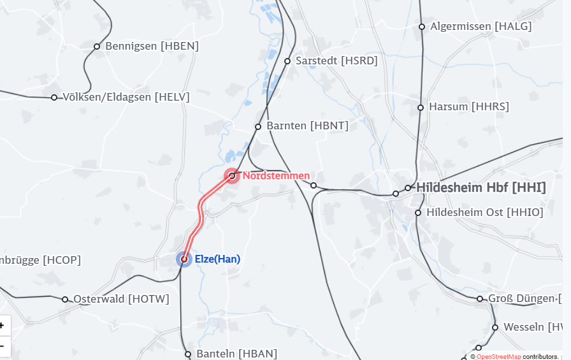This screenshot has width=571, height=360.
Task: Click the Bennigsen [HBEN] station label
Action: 152,46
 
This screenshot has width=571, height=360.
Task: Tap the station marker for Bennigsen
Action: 97,46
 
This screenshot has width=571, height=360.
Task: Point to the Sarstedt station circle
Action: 287,61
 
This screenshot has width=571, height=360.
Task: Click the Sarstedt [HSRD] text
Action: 336,61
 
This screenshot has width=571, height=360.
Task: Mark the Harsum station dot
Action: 421,107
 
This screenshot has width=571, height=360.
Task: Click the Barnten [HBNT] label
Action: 307,126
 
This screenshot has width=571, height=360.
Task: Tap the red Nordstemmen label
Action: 276,175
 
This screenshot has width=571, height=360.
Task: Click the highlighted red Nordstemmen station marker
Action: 232,175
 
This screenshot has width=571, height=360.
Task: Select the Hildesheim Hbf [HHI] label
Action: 481,187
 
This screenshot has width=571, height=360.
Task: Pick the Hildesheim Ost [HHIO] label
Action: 484,212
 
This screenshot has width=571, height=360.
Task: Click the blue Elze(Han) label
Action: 217,259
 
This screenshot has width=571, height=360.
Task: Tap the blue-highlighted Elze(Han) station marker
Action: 184,259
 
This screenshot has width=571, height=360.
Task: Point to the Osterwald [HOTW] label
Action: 121,299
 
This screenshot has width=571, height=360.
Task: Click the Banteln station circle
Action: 188,354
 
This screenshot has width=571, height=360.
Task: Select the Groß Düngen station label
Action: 524,299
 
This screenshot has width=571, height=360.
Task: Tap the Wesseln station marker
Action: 495,328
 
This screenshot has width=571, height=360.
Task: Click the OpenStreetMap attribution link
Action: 498,357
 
